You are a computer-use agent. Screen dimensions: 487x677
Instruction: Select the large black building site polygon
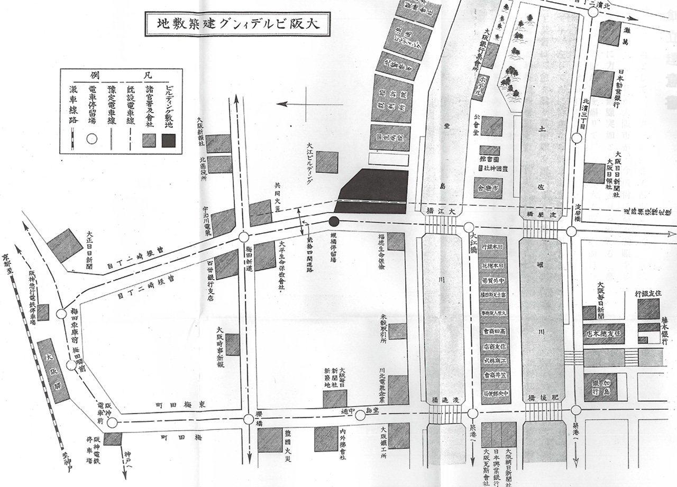click(373, 191)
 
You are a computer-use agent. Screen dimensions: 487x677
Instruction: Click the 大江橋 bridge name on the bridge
click(441, 211)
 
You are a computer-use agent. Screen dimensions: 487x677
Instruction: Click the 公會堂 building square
click(491, 126)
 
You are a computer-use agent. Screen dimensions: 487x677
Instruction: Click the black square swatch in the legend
click(169, 140)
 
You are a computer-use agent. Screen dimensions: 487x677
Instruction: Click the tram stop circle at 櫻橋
click(249, 419)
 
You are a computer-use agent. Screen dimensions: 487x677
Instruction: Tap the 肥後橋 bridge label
click(545, 397)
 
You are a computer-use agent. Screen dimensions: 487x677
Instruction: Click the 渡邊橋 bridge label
click(442, 401)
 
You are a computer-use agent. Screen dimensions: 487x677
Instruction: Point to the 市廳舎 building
click(488, 188)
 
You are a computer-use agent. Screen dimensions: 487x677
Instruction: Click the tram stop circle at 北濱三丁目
click(577, 139)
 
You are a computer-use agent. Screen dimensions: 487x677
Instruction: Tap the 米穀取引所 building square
click(398, 330)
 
